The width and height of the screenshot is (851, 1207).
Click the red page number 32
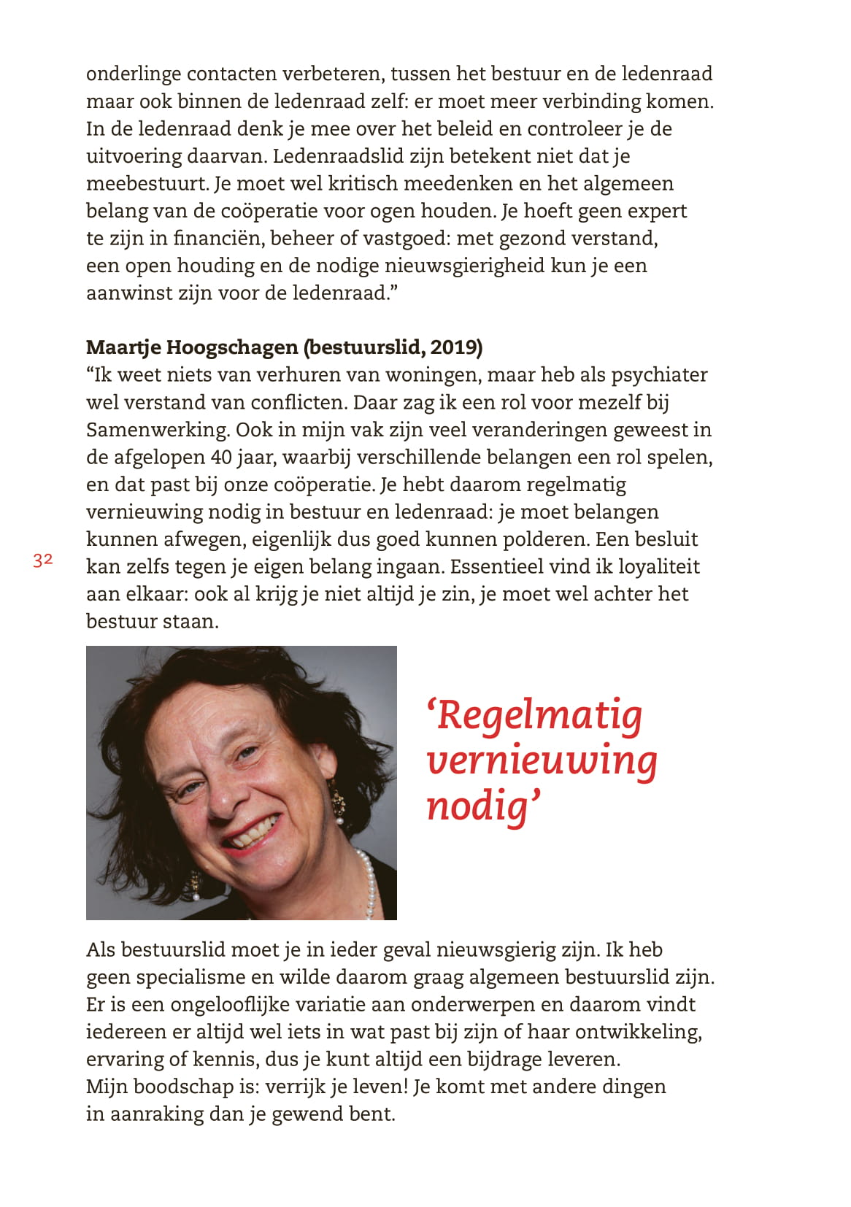pyautogui.click(x=43, y=560)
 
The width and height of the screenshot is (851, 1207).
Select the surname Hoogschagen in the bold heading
pyautogui.click(x=235, y=347)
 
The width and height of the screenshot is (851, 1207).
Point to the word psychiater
pyautogui.click(x=659, y=375)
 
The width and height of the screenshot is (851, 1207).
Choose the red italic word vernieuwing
pyautogui.click(x=542, y=760)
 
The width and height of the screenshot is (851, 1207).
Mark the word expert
pyautogui.click(x=657, y=211)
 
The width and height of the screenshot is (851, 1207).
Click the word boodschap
pyautogui.click(x=174, y=1087)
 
